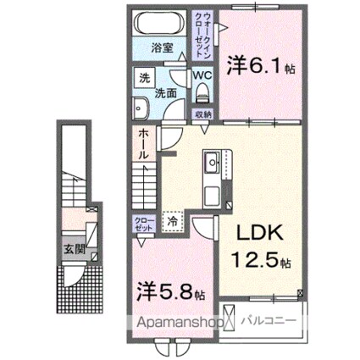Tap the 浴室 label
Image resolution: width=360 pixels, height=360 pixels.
[x=162, y=48]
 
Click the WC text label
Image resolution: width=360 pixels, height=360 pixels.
[x=203, y=74]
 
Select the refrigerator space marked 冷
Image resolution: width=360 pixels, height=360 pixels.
[x=172, y=222]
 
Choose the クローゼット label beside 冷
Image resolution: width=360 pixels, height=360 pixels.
[x=143, y=224]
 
